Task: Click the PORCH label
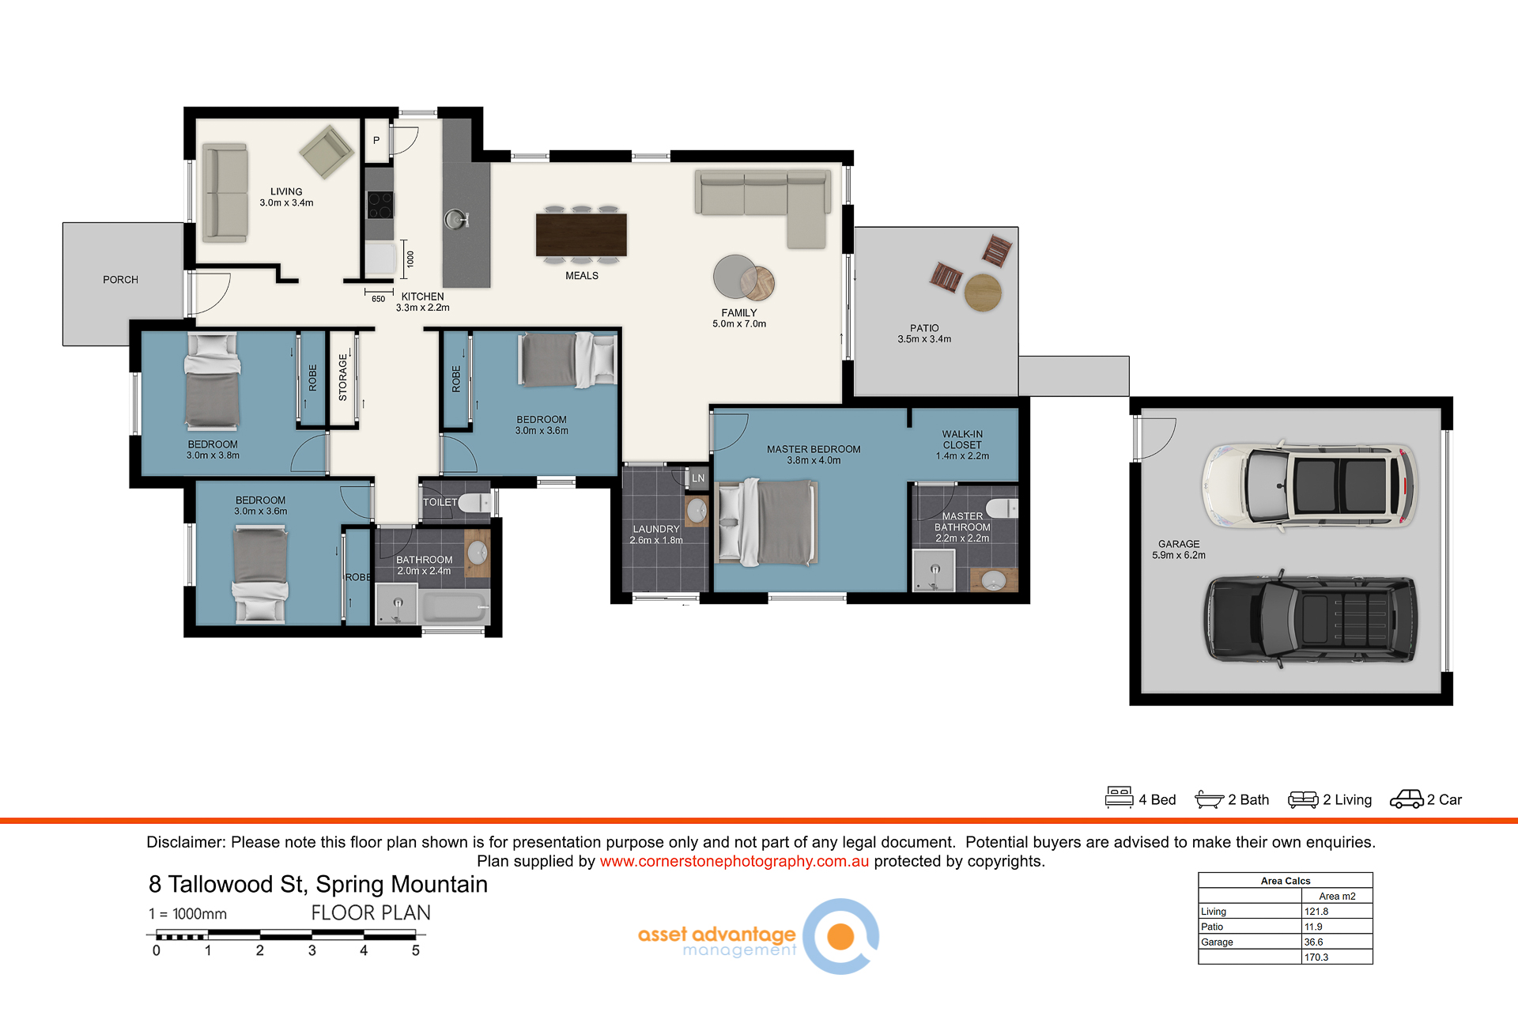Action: pos(120,280)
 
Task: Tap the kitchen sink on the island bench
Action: pos(455,219)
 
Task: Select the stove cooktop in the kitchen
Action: pos(379,205)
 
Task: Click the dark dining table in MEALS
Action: pos(581,235)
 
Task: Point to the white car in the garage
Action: pos(1309,485)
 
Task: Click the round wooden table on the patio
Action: pos(983,293)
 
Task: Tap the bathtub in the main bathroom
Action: pos(454,607)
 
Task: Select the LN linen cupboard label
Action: pos(698,478)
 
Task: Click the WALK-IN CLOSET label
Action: pos(962,440)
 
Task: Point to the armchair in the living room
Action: pos(327,151)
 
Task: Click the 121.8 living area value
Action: pos(1316,912)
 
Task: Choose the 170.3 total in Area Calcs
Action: pos(1316,957)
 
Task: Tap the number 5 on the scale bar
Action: pos(416,950)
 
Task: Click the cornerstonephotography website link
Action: pos(734,861)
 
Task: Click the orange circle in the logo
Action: pos(840,936)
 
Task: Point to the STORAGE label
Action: pos(343,377)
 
